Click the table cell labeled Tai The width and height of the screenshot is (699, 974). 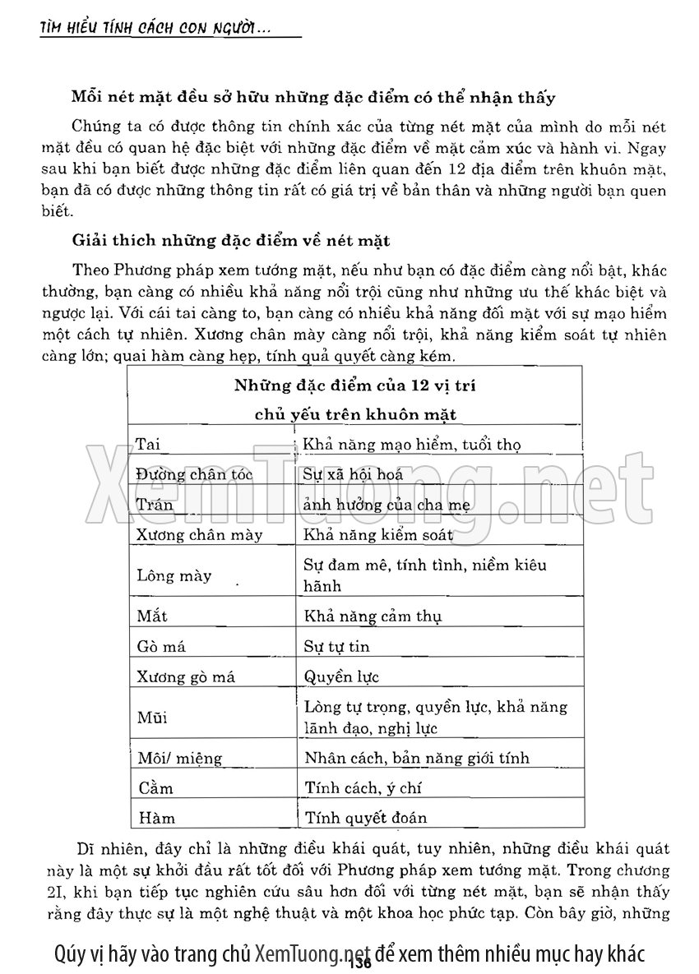pos(148,445)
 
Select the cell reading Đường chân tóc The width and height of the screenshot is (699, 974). pos(194,474)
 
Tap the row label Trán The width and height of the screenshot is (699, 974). pos(155,505)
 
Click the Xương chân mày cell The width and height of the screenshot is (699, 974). pos(199,535)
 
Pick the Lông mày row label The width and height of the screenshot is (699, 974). pos(174,575)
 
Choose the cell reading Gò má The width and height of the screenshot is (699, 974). pos(161,647)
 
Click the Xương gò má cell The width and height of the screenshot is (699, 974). pos(186,677)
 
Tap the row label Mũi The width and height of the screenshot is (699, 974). pos(152,718)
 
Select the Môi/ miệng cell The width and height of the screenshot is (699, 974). pos(174,758)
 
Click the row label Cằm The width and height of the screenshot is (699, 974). pos(156,788)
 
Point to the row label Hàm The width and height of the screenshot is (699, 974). pos(156,819)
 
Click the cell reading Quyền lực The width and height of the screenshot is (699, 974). pos(339,677)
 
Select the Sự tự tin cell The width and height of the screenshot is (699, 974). pos(337,647)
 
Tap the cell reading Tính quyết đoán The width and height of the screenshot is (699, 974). pos(365,819)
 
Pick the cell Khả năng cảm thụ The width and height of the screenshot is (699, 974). pos(373,616)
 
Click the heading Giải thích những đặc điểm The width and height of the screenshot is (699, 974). pos(231,241)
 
